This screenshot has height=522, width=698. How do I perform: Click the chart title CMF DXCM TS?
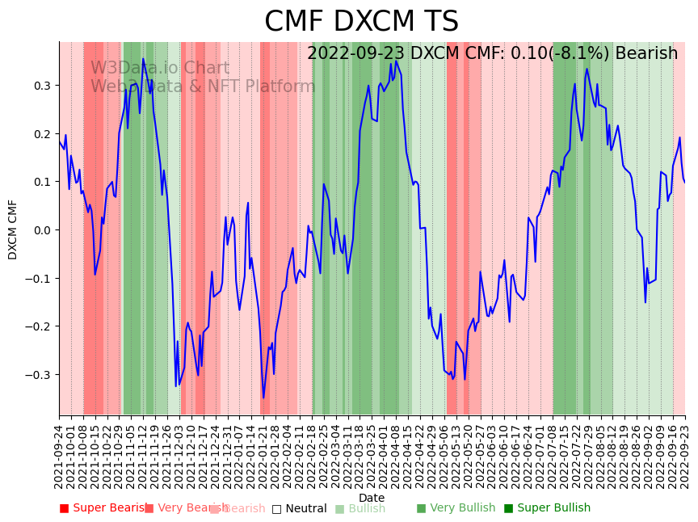pyautogui.click(x=361, y=22)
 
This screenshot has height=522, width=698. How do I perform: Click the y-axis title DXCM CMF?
pyautogui.click(x=13, y=229)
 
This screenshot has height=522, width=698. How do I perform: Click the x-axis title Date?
pyautogui.click(x=372, y=498)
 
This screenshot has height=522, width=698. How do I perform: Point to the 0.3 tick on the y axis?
pyautogui.click(x=42, y=86)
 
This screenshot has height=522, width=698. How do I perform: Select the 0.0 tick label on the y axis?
pyautogui.click(x=42, y=230)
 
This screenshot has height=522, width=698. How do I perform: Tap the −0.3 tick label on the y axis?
pyautogui.click(x=39, y=375)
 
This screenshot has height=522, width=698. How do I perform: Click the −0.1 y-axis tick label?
pyautogui.click(x=39, y=279)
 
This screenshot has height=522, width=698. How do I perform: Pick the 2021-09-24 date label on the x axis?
pyautogui.click(x=59, y=457)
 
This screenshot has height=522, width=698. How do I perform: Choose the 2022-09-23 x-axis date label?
pyautogui.click(x=686, y=457)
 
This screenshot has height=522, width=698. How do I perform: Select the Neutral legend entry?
pyautogui.click(x=300, y=508)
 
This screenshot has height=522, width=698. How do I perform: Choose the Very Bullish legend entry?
pyautogui.click(x=456, y=508)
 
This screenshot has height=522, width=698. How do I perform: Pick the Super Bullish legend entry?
pyautogui.click(x=548, y=508)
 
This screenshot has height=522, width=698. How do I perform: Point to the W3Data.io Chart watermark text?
pyautogui.click(x=160, y=68)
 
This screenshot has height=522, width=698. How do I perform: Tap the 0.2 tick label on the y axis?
pyautogui.click(x=42, y=134)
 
